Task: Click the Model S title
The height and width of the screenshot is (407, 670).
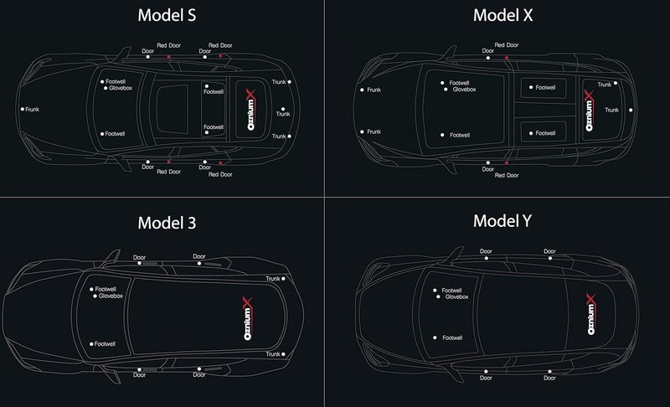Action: click(x=167, y=15)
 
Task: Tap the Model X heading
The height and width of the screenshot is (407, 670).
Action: click(x=503, y=15)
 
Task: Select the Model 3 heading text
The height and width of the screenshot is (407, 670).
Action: click(x=167, y=223)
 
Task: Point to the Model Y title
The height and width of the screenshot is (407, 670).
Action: click(x=502, y=221)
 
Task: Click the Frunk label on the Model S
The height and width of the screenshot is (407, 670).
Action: click(x=32, y=110)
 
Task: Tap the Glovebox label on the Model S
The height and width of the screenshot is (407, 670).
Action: click(x=121, y=88)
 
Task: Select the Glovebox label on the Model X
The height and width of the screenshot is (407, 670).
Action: click(x=465, y=90)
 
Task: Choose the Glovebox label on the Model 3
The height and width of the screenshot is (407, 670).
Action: click(x=111, y=296)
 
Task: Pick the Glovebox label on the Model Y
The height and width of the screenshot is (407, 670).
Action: click(x=456, y=296)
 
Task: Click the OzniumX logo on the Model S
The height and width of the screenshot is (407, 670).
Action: click(x=250, y=110)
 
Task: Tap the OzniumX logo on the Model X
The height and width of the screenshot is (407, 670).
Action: click(x=590, y=111)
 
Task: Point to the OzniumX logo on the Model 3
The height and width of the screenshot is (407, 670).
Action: click(x=248, y=318)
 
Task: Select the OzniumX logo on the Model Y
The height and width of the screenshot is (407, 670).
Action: click(x=591, y=314)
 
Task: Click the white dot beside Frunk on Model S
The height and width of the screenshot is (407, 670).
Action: click(x=23, y=110)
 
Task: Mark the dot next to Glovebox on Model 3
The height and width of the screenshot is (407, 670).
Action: click(x=95, y=296)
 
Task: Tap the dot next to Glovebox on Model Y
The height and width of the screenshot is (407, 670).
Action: click(x=438, y=296)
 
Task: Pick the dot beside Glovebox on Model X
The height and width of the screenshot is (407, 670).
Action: click(x=446, y=90)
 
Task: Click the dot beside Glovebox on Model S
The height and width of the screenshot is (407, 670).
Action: click(x=106, y=89)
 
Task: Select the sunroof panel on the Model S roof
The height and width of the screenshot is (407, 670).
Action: click(x=173, y=109)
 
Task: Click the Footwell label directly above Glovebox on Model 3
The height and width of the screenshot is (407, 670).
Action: click(x=106, y=289)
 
